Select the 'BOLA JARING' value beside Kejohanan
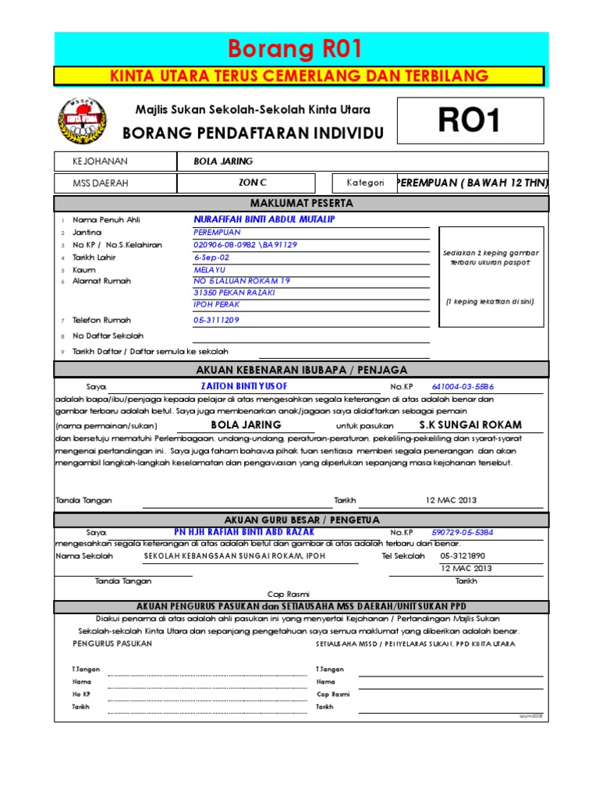223,162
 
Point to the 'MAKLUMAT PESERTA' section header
301,203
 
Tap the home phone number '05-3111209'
216,320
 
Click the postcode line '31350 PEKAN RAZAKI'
234,293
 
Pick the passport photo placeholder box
490,278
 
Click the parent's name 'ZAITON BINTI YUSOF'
244,386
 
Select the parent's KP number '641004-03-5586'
463,386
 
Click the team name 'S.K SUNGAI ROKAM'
459,425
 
